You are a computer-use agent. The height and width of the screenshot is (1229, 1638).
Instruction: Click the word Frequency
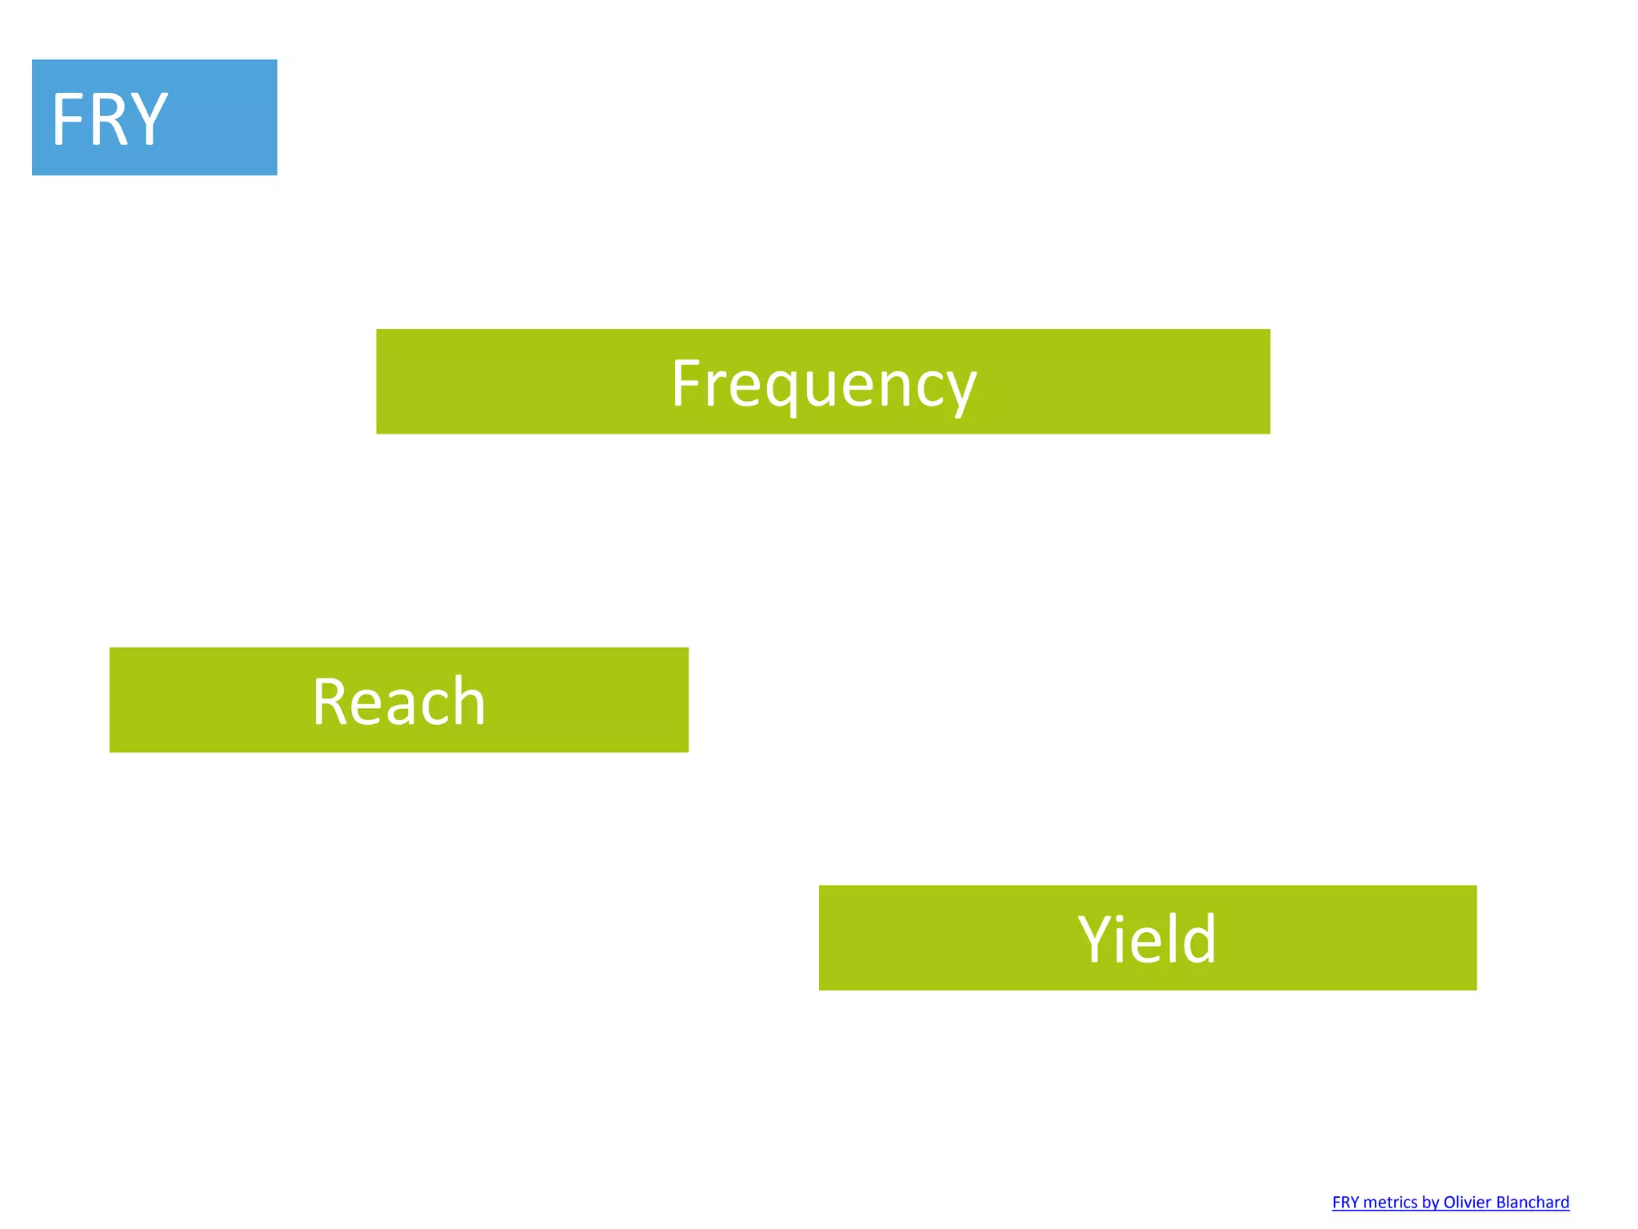click(x=823, y=384)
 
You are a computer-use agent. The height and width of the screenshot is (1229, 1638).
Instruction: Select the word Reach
click(x=398, y=702)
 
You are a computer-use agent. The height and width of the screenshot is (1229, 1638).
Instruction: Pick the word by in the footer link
click(x=1430, y=1203)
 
